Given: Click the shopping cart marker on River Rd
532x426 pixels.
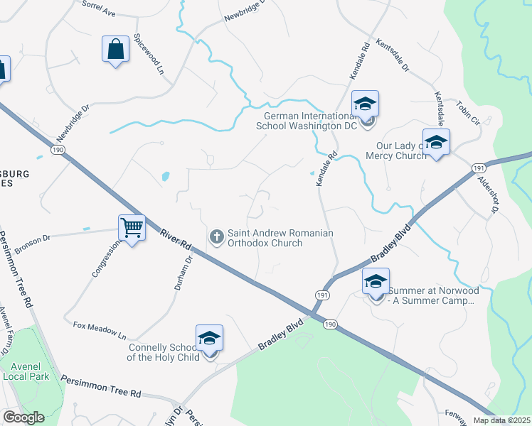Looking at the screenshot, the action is point(132,228).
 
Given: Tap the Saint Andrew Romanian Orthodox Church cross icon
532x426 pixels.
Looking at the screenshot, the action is point(217,235).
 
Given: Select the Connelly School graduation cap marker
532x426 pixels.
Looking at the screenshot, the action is point(209,339).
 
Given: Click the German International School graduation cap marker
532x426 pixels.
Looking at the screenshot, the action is point(365,104).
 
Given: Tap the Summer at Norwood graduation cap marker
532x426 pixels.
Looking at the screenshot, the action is point(376,282).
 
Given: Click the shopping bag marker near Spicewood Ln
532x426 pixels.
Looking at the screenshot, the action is point(115,50).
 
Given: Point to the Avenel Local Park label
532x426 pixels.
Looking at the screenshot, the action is point(25,371).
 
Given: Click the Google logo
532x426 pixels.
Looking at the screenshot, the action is point(23,418).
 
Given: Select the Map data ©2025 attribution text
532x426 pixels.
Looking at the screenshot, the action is point(501,420).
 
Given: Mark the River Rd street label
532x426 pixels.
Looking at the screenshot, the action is point(176,237).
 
